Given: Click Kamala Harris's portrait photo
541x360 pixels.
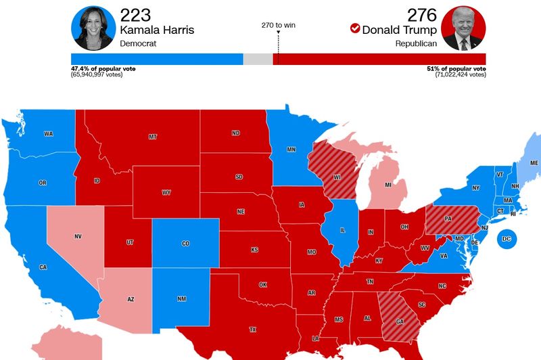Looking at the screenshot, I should pos(93,28).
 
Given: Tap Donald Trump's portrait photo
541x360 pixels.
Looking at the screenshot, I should pos(463,28).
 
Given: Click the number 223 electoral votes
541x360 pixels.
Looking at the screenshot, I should pos(136,15).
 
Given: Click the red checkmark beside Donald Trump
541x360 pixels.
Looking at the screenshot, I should pos(355,28).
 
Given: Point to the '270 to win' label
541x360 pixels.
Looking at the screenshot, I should pos(279,25).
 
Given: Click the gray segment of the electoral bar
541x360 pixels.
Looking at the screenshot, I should pos(258,60).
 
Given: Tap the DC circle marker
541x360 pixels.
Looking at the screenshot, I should pos(507,240).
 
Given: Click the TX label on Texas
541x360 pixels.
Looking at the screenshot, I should pos(253,330).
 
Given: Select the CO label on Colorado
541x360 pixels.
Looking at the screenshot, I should pos(186,244).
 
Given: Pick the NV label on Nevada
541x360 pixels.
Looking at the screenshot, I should pos(78,237).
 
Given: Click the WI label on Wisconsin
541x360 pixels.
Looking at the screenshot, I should pos(336,179).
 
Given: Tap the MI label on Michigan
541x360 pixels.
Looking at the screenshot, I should pos(388,185).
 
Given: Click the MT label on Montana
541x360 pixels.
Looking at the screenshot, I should pos(152,137).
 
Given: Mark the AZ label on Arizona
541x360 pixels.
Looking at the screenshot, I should pos(131,298).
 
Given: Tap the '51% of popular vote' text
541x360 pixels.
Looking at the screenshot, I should pos(460,68).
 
